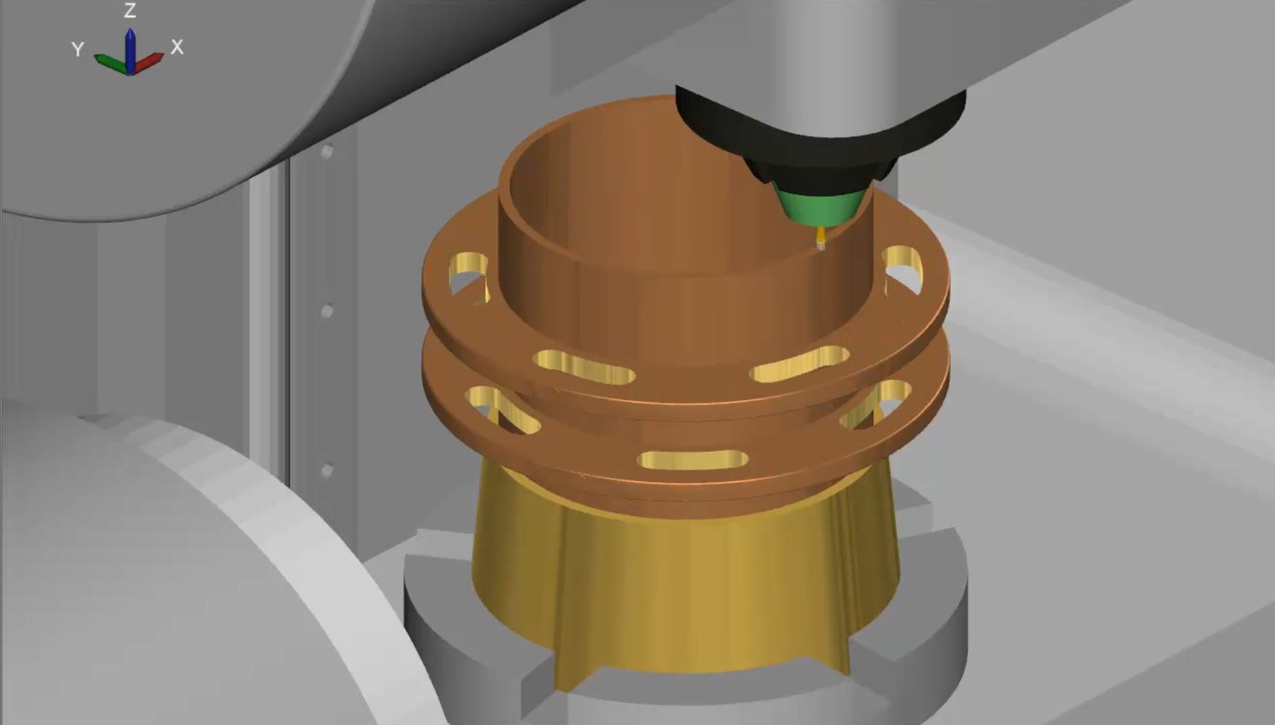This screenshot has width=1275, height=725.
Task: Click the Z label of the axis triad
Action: [x=130, y=11]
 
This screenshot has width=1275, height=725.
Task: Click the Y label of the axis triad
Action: [x=78, y=49]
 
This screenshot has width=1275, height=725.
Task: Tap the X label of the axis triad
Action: [x=177, y=47]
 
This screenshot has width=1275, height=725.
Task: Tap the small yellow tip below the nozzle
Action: [x=821, y=236]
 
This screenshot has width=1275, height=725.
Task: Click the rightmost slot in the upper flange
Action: [x=903, y=269]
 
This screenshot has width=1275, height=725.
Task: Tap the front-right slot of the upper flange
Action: [x=800, y=364]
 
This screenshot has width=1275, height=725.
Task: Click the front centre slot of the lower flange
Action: [x=693, y=459]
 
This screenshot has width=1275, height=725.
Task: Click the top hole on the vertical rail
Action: [x=327, y=152]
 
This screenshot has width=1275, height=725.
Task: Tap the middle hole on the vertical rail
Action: [x=327, y=311]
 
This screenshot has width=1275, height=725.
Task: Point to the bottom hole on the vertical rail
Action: [x=327, y=471]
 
